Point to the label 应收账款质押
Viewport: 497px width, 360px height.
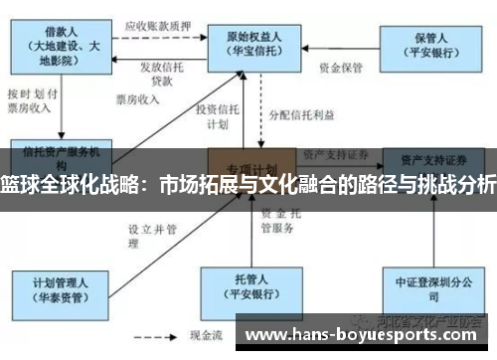pos(159,26)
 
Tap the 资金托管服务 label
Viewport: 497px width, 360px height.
pos(277,221)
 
